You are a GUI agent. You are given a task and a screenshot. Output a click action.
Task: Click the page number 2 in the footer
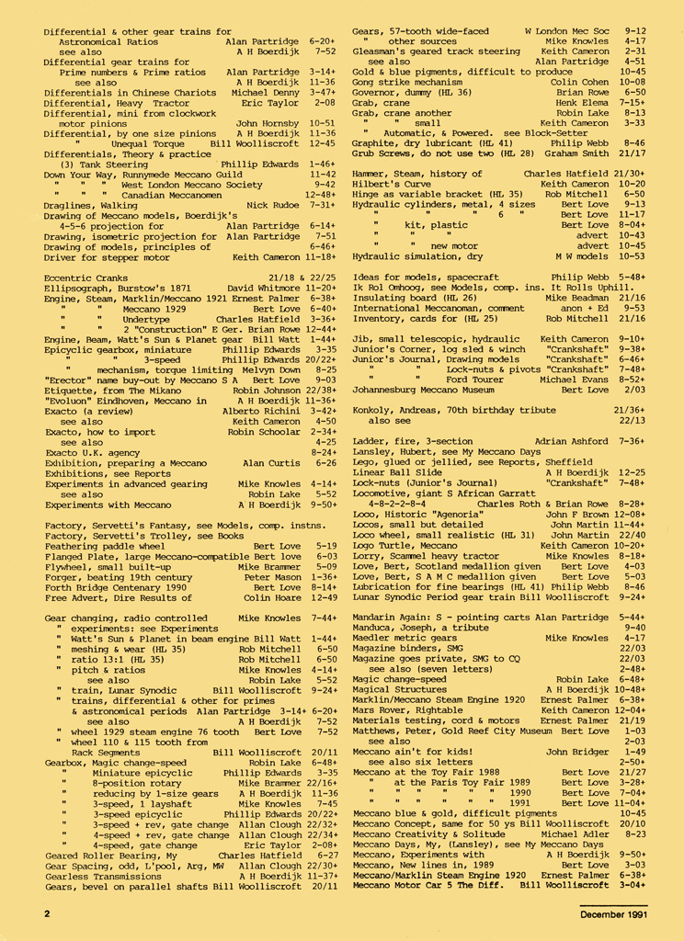(47, 914)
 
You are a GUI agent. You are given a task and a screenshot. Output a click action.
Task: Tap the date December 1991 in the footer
(612, 914)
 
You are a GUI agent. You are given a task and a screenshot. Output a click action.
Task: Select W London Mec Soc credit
(566, 31)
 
